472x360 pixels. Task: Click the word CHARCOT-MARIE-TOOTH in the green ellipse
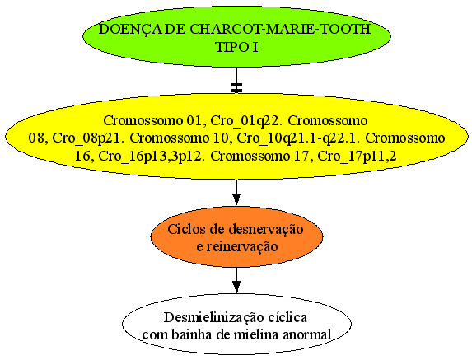(x=280, y=29)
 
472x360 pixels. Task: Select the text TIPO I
(x=237, y=47)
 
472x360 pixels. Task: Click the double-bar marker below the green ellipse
(x=236, y=87)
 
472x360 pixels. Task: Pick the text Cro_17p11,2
(x=357, y=157)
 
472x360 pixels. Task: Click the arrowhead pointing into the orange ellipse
(x=236, y=199)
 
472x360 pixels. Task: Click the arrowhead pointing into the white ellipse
(x=236, y=287)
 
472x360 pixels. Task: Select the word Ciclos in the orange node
(x=181, y=229)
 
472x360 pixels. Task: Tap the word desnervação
(x=266, y=230)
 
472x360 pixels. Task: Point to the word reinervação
(x=241, y=247)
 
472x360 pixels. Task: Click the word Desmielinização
(x=210, y=318)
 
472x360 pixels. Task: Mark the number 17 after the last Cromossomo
(x=305, y=157)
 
